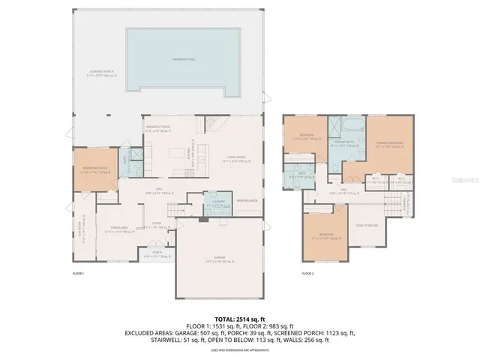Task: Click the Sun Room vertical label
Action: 80,226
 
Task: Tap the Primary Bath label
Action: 346,146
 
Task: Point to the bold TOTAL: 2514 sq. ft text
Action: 239,319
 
